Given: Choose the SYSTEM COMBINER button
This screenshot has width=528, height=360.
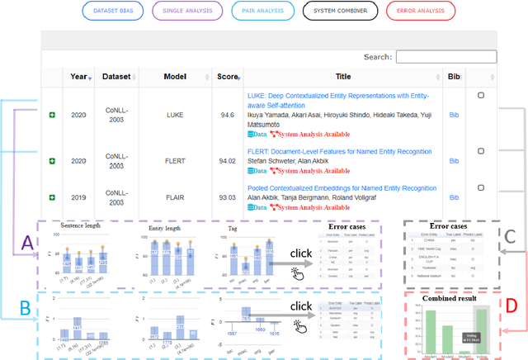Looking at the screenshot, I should [332, 11].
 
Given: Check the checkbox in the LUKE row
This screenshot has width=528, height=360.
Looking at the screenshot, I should [481, 96].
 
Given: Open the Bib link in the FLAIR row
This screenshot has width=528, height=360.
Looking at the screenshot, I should [452, 197].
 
